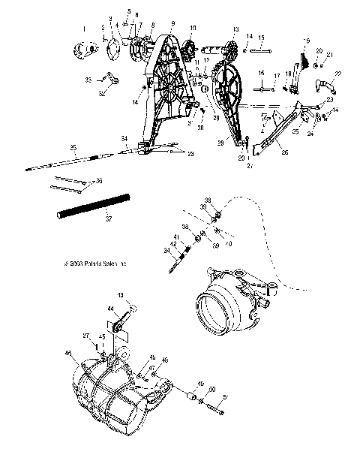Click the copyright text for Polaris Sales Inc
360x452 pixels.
[x=96, y=264]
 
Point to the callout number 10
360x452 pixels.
[x=193, y=29]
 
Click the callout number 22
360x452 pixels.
[x=336, y=73]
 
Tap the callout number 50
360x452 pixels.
[x=212, y=389]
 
